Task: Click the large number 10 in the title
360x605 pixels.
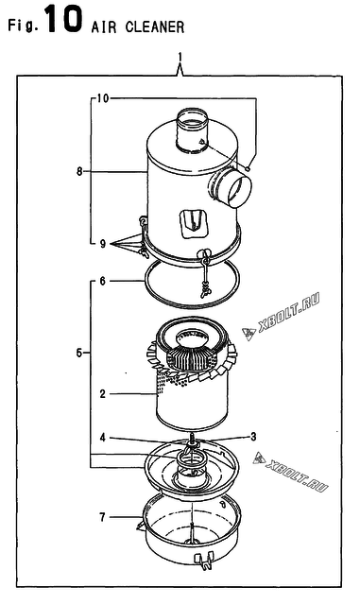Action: click(63, 18)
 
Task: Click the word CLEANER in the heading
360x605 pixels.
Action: click(155, 27)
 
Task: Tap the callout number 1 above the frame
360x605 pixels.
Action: click(180, 59)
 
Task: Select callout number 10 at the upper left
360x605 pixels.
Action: click(102, 98)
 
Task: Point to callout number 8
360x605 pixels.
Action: click(79, 171)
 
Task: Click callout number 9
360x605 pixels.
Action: click(103, 244)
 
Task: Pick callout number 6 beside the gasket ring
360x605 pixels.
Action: click(102, 281)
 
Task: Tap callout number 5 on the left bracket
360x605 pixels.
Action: click(79, 353)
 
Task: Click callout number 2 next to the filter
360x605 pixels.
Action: click(102, 394)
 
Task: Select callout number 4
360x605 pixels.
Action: click(102, 438)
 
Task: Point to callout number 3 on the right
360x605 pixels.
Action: click(253, 437)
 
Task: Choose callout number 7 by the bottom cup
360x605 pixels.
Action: click(102, 517)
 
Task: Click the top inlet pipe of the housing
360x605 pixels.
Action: click(192, 129)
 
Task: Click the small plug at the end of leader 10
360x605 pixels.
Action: click(249, 168)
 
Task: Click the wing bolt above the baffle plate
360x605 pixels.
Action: click(192, 442)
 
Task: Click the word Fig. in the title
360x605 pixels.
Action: click(24, 26)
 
